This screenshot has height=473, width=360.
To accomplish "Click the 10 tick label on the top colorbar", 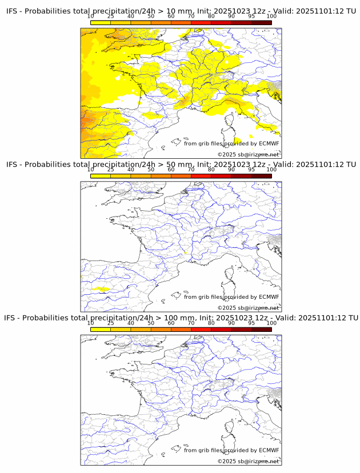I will (91, 16).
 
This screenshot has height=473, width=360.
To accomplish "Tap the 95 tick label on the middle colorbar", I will (251, 170).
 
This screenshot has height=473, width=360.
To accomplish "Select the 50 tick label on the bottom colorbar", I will (151, 323).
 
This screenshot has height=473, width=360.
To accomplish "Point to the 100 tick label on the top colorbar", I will (271, 16).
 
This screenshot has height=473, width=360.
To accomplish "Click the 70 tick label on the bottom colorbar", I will (191, 323).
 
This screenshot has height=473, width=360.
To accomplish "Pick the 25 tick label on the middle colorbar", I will (111, 170).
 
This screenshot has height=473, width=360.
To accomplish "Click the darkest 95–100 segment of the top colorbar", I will (261, 22).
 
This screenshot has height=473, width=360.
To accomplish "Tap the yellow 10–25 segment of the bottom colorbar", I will (101, 329).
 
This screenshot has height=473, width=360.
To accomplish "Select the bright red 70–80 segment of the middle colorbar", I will (201, 176).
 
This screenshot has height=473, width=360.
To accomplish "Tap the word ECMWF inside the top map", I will (269, 143).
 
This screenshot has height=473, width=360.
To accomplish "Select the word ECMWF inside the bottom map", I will (269, 450).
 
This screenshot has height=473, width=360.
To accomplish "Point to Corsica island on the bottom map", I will (231, 428).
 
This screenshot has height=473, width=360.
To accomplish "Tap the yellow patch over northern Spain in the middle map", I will (101, 289).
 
